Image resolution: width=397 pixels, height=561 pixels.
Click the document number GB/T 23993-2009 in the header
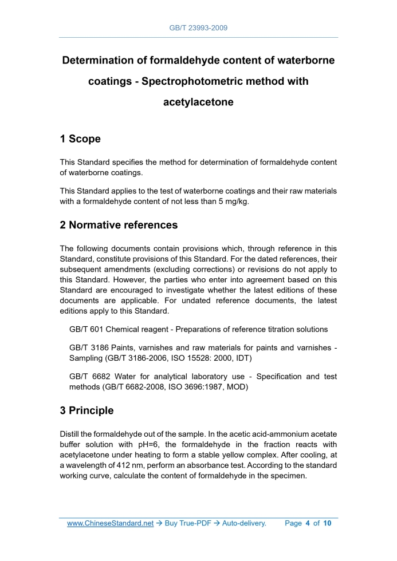tap(198, 27)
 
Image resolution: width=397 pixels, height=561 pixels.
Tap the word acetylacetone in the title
tap(198, 102)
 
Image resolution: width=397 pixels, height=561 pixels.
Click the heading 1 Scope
tap(80, 139)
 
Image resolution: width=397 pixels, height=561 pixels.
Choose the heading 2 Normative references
tap(119, 225)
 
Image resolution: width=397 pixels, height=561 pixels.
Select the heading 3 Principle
tap(87, 410)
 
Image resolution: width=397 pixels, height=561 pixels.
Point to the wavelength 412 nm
tap(126, 465)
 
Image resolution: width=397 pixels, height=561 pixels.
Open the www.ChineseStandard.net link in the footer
tap(111, 523)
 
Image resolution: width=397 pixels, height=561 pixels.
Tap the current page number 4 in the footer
tap(307, 523)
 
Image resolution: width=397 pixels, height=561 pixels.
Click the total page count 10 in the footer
tap(327, 523)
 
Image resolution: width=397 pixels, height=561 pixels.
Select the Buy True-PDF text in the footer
tap(187, 523)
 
